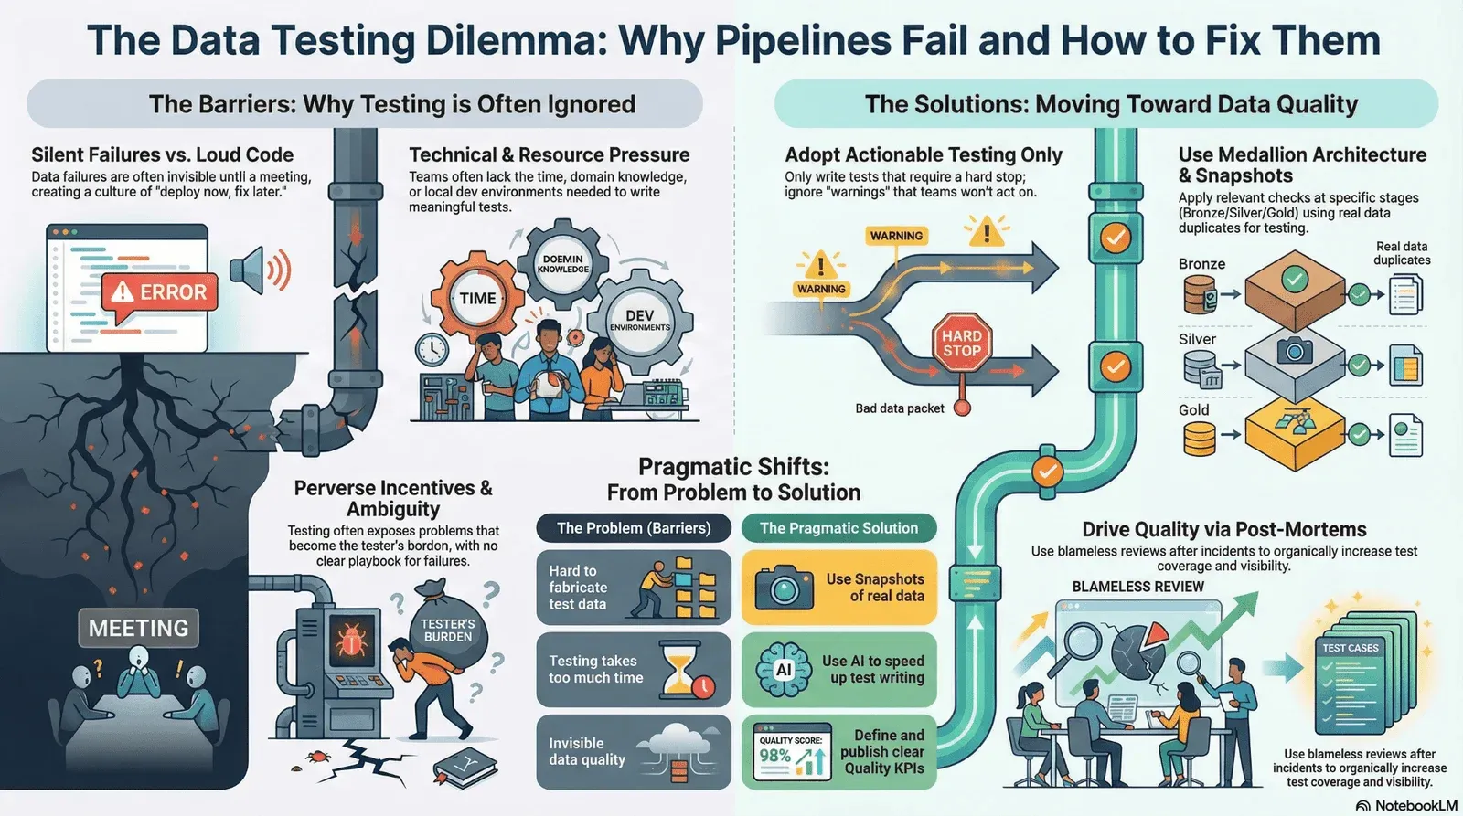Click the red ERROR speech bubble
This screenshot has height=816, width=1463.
(x=160, y=293)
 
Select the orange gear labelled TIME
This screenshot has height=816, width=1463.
(x=477, y=299)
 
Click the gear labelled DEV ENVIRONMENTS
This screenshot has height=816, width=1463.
(x=639, y=320)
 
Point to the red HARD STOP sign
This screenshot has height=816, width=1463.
(x=961, y=343)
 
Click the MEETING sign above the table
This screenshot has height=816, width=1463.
(x=138, y=629)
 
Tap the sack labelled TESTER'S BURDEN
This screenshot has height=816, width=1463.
(x=448, y=631)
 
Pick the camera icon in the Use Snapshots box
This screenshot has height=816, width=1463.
(x=784, y=587)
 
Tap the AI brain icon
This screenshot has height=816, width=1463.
(x=784, y=670)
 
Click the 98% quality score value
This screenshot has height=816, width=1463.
(x=774, y=756)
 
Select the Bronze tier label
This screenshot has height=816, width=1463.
(x=1201, y=264)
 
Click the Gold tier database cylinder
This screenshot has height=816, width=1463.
(x=1199, y=440)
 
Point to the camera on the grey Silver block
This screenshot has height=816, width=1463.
(x=1294, y=351)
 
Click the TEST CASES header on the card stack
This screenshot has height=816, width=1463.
(x=1350, y=648)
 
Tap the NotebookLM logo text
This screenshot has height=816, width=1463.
(x=1415, y=805)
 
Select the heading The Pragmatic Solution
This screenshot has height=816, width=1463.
(x=838, y=528)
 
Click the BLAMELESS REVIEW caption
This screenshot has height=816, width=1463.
(x=1137, y=587)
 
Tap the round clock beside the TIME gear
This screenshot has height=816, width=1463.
(x=431, y=348)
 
